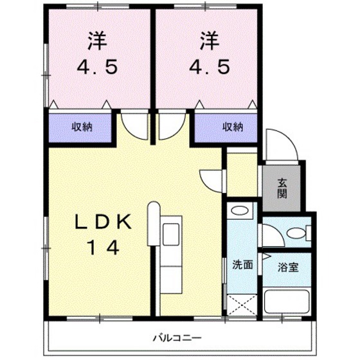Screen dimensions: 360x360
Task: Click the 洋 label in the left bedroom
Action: coord(98,40)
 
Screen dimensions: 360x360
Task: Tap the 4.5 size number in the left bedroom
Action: coord(98,67)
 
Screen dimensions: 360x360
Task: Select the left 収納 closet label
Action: coord(82,127)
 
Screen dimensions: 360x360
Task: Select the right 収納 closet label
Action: coord(233,127)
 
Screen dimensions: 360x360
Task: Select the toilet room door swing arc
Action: coord(271,235)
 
